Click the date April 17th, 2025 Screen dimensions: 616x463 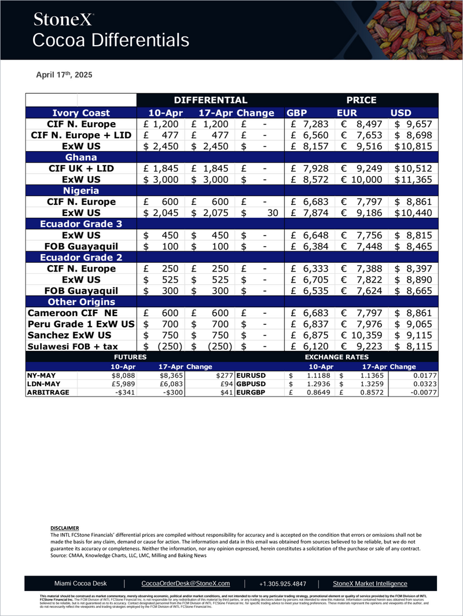point(60,75)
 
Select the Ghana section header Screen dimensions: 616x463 point(81,157)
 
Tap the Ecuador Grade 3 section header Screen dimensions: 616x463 point(81,224)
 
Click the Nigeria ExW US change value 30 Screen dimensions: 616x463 point(272,213)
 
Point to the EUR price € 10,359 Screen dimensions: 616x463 point(363,336)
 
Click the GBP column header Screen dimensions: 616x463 point(297,113)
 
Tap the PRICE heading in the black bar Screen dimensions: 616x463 point(361,100)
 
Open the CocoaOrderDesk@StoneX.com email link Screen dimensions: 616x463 point(186,584)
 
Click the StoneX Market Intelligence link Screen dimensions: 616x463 point(370,584)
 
